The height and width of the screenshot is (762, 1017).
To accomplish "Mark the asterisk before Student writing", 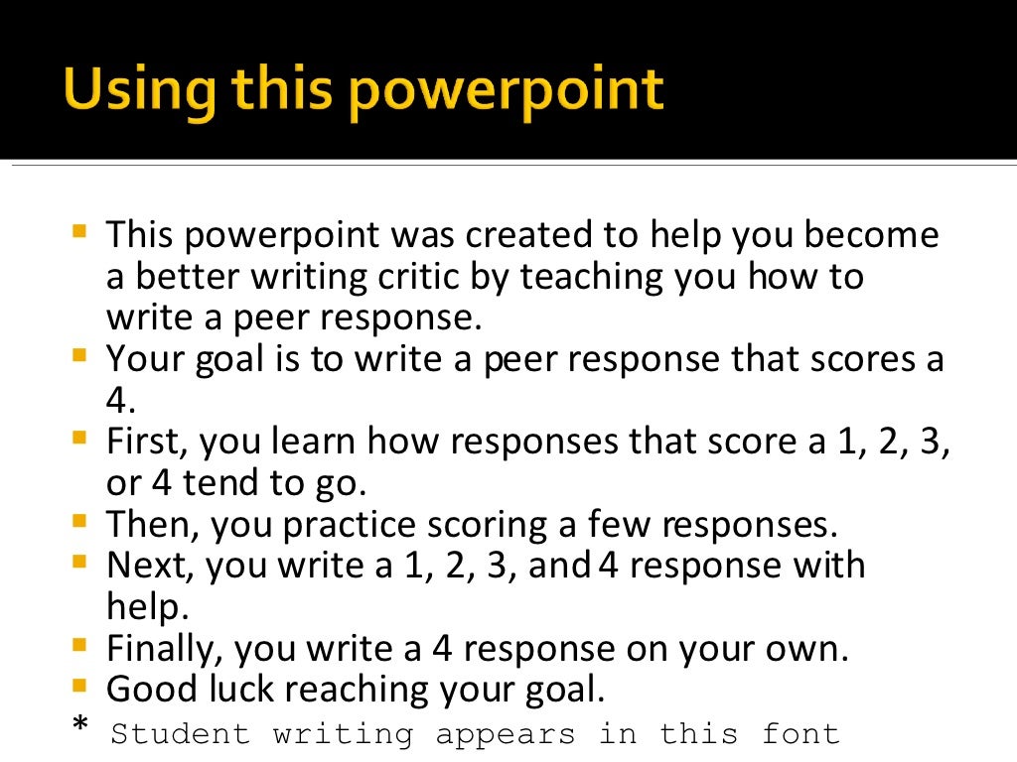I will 79,728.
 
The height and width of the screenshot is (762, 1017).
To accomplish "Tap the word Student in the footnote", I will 180,734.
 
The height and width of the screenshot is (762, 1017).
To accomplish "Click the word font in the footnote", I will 800,734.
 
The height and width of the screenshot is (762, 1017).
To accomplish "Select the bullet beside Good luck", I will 79,685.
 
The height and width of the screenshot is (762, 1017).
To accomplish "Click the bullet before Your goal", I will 79,354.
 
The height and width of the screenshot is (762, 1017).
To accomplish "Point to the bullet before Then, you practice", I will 79,519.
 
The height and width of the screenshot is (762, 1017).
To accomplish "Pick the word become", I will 871,236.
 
